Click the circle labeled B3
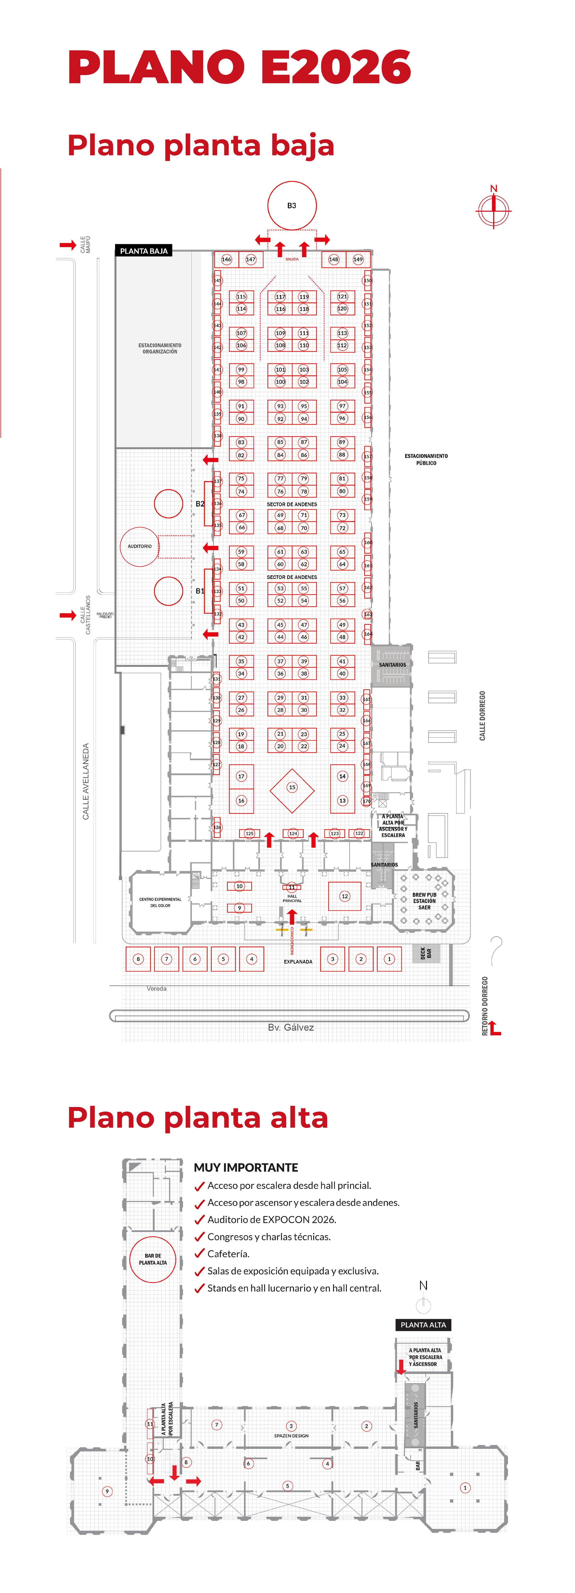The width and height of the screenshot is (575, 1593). click(292, 205)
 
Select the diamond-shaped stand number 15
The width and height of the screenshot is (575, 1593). click(292, 787)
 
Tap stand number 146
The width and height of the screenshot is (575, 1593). click(226, 259)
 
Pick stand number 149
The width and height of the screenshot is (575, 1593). click(358, 259)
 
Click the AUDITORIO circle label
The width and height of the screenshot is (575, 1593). click(140, 546)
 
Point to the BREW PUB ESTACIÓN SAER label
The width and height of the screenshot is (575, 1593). click(424, 901)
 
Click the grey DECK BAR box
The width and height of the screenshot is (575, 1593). click(426, 953)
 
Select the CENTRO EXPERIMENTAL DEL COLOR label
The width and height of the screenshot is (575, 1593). click(160, 902)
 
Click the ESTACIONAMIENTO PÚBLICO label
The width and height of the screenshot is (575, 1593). click(426, 459)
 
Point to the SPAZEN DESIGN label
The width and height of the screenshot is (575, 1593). click(291, 1435)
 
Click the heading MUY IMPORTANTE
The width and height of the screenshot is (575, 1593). click(246, 1168)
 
